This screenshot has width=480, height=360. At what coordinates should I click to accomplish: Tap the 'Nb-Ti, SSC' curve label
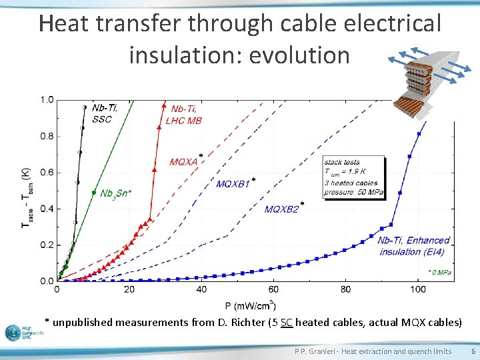click(106, 113)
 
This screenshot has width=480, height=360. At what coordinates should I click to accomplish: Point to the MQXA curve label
click(184, 161)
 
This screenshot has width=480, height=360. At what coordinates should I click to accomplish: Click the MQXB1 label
click(233, 184)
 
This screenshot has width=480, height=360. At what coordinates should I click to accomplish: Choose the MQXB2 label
click(282, 209)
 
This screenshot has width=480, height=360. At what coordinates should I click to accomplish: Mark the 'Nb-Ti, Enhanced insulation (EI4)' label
click(414, 245)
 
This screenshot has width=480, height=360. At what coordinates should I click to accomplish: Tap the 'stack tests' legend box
click(353, 177)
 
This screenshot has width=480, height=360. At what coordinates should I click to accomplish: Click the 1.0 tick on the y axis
click(47, 100)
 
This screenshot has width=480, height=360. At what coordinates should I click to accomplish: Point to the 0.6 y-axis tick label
click(47, 173)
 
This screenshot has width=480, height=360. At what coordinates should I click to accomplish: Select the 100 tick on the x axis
click(418, 289)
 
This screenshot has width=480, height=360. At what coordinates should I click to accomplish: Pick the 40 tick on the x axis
click(201, 289)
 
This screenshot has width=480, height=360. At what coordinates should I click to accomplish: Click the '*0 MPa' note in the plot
click(439, 272)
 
